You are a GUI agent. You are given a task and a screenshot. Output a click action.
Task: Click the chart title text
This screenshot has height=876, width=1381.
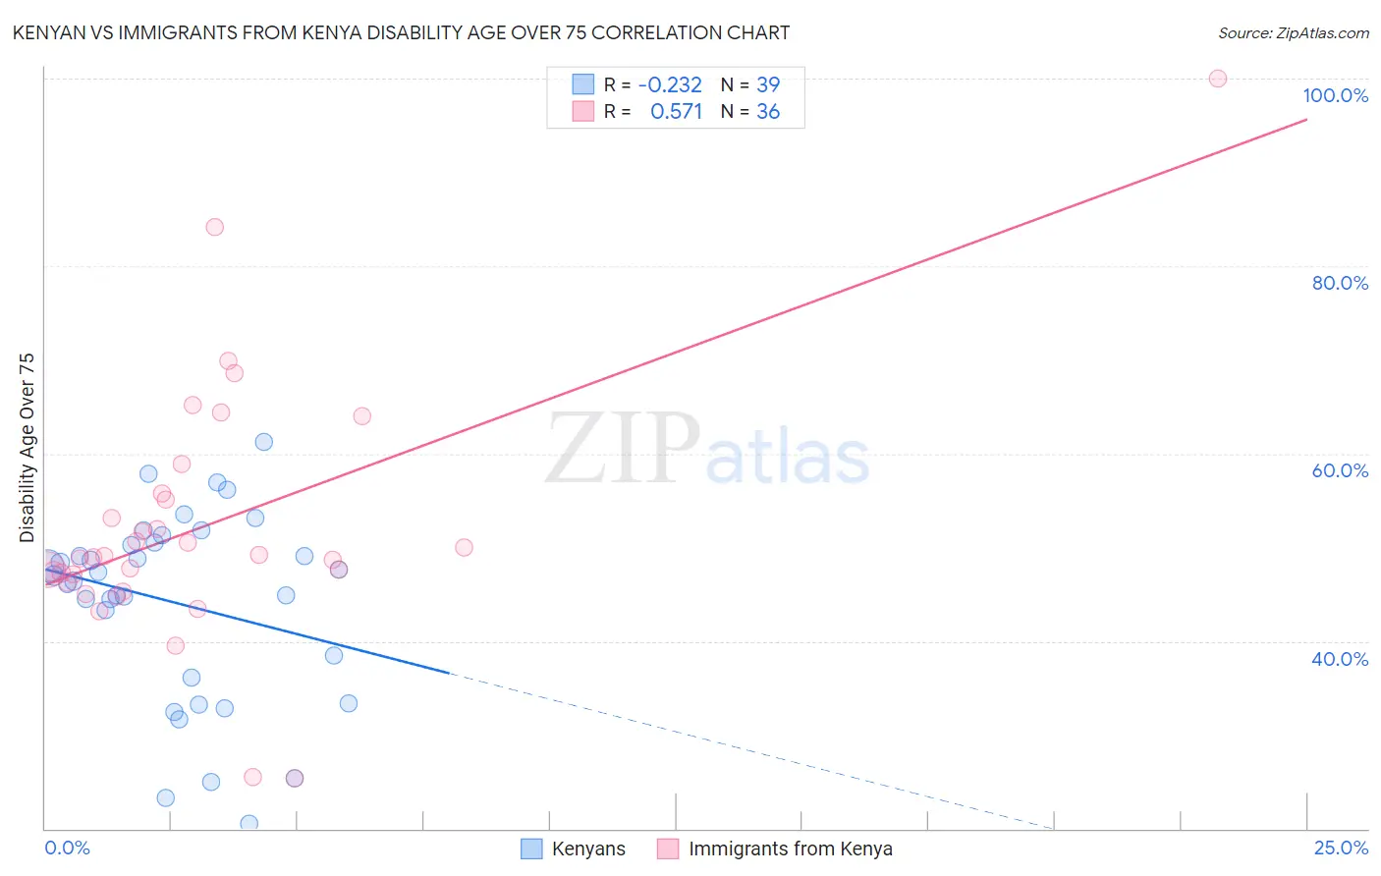pyautogui.click(x=401, y=32)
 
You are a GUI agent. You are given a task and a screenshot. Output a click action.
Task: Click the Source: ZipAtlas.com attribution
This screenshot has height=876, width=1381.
pyautogui.click(x=1293, y=32)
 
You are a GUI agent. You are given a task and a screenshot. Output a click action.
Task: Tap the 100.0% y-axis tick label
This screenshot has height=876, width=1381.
pyautogui.click(x=1335, y=95)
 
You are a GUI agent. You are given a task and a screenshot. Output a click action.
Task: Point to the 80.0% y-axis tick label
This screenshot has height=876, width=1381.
pyautogui.click(x=1340, y=283)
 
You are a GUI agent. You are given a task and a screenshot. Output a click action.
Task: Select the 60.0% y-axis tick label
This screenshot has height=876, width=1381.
pyautogui.click(x=1340, y=470)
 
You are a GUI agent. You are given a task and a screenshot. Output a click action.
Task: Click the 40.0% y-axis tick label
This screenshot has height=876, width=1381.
pyautogui.click(x=1340, y=659)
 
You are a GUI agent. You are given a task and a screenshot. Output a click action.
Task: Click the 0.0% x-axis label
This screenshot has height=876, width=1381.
pyautogui.click(x=67, y=848)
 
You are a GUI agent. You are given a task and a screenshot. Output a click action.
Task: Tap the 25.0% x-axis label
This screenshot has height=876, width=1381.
pyautogui.click(x=1341, y=848)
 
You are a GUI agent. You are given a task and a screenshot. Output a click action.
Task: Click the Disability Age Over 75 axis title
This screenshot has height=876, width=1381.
pyautogui.click(x=27, y=447)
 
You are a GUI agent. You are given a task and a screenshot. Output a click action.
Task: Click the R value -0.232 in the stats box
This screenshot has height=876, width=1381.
pyautogui.click(x=670, y=85)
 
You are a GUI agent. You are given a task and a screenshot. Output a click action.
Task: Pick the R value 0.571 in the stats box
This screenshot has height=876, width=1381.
pyautogui.click(x=676, y=112)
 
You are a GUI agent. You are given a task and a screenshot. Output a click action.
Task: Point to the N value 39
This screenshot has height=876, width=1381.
pyautogui.click(x=768, y=85)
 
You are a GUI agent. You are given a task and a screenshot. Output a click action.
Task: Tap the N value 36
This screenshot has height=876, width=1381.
pyautogui.click(x=768, y=112)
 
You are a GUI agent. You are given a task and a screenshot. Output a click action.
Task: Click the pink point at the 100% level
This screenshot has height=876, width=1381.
pyautogui.click(x=1218, y=79)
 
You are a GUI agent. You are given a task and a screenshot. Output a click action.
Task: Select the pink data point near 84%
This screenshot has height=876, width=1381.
pyautogui.click(x=215, y=227)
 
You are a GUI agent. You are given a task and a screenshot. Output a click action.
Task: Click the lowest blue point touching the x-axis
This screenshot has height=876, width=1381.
pyautogui.click(x=249, y=823)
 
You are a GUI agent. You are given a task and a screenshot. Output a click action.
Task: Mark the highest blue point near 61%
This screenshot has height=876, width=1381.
pyautogui.click(x=264, y=442)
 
